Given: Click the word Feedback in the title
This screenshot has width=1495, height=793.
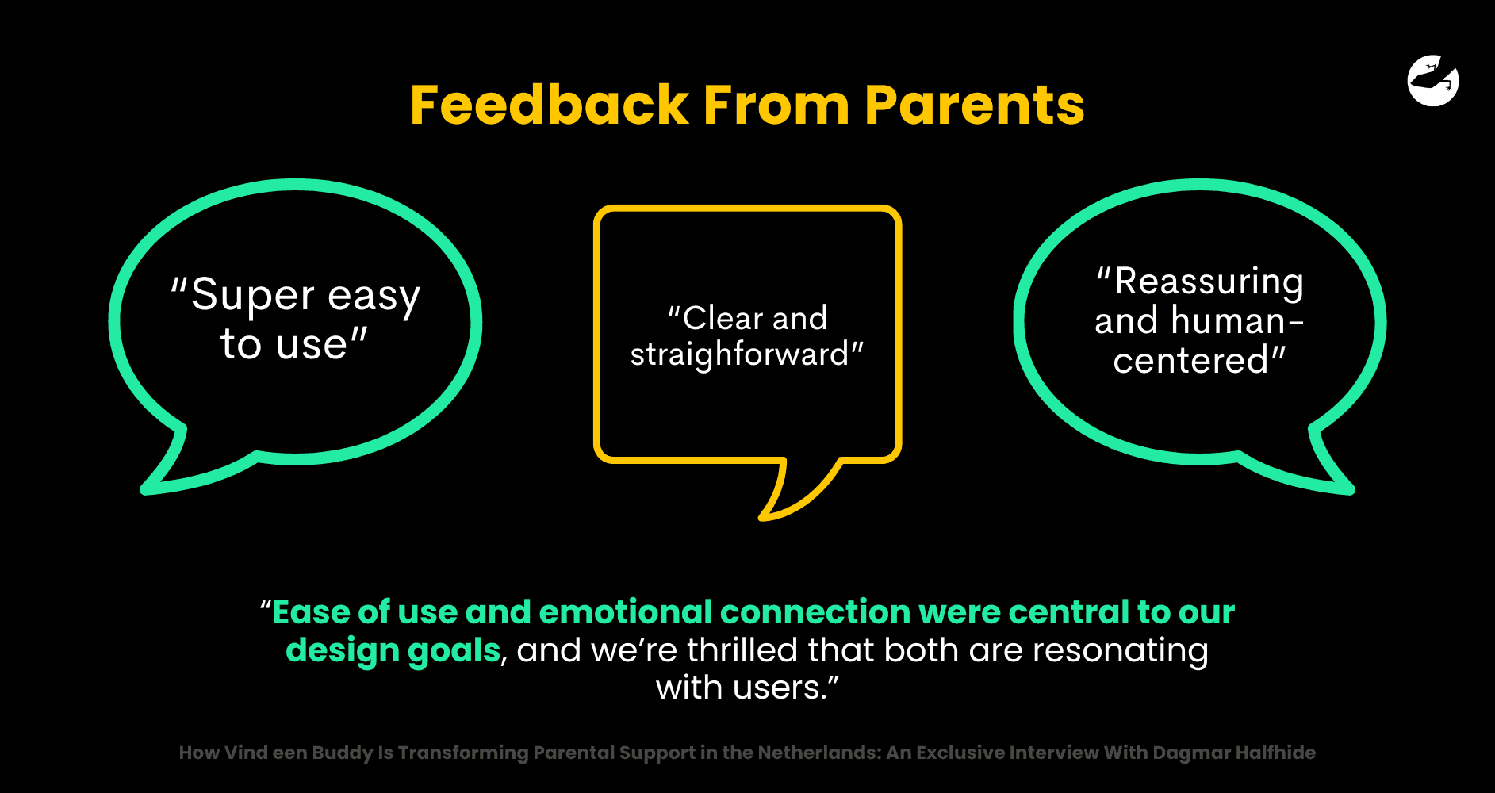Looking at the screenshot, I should tap(549, 105).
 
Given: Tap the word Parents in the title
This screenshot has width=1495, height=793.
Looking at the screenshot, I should tap(974, 105).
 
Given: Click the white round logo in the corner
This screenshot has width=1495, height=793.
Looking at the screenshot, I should tap(1433, 80).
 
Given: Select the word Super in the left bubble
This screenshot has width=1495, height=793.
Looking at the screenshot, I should tap(253, 295).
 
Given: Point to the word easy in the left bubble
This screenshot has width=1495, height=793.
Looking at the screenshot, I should tap(374, 297).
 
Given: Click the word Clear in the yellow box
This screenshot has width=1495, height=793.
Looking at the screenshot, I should tap(723, 318).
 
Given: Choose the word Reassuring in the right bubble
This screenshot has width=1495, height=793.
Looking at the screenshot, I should tap(1209, 282).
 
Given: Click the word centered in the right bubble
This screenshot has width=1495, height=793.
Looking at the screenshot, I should tap(1190, 361).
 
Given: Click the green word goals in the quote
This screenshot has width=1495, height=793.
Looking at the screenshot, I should tap(454, 650).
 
